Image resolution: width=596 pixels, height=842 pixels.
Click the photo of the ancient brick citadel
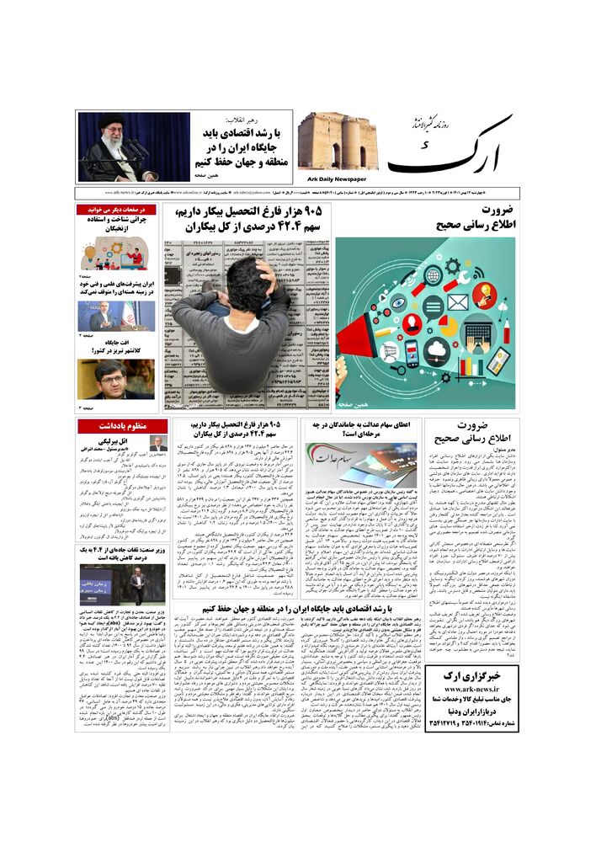click(338, 141)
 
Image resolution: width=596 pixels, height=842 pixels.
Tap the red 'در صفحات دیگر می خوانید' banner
click(116, 209)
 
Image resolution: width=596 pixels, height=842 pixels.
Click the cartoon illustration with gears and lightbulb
click(116, 253)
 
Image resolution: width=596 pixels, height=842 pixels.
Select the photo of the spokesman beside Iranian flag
click(116, 316)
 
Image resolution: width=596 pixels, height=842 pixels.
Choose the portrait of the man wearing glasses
click(116, 379)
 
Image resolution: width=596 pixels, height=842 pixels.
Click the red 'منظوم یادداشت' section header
click(122, 425)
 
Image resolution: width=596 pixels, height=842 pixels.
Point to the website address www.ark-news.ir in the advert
click(472, 689)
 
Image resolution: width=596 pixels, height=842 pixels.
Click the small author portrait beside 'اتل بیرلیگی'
click(157, 444)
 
